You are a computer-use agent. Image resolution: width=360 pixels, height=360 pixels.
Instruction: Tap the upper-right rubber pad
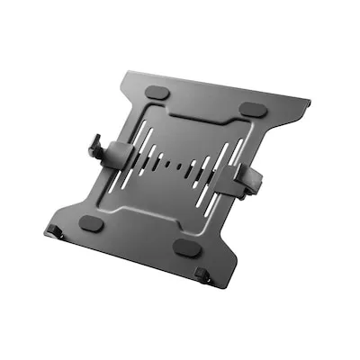click(253, 109)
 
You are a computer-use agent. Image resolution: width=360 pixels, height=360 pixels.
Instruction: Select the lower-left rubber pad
click(91, 221)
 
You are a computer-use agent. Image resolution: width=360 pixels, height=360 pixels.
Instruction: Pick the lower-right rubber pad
click(187, 246)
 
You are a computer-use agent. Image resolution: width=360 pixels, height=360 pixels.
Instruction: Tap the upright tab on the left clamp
click(94, 145)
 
